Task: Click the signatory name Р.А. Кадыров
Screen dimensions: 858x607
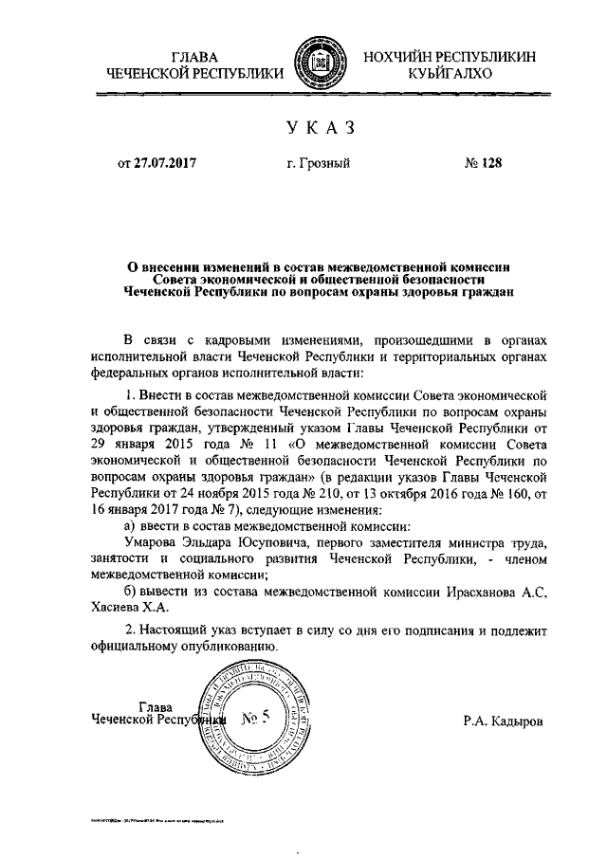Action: pos(504,721)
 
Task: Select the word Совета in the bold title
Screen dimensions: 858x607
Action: pos(183,281)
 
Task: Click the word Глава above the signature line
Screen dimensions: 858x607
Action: pos(156,706)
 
